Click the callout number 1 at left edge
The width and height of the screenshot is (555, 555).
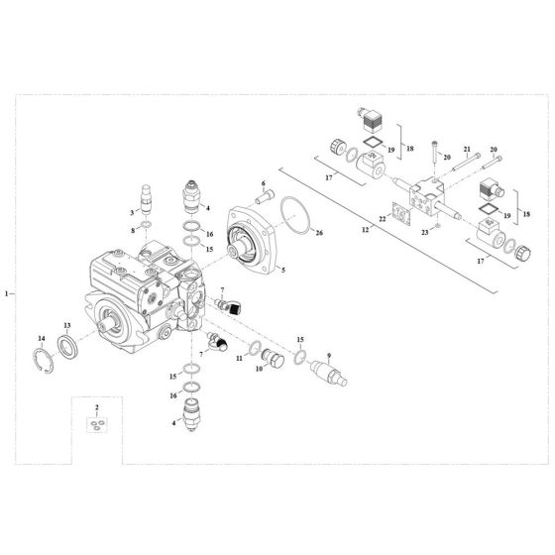[x=8, y=294]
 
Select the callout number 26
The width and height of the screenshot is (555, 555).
[x=318, y=234]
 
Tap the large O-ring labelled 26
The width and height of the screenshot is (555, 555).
[x=292, y=214]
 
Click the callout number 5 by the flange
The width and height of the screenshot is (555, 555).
[x=283, y=270]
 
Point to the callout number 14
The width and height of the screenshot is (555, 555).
[x=42, y=338]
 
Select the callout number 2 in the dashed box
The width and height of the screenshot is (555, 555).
[x=96, y=408]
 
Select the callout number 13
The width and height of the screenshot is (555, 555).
[x=67, y=325]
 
